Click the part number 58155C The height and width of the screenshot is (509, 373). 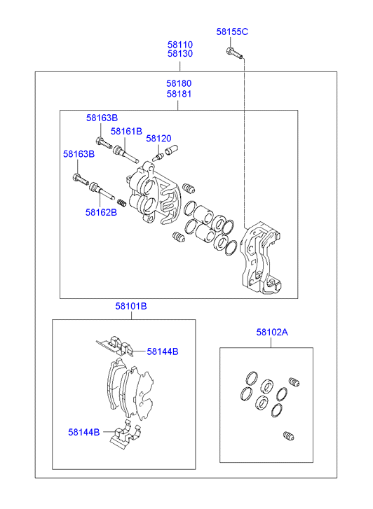point(232,32)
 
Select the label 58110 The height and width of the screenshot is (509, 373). point(180,45)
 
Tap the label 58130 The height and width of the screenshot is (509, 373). point(180,54)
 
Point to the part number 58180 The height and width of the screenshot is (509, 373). point(179,83)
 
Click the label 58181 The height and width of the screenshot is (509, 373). point(179,94)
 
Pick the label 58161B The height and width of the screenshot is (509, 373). point(126,132)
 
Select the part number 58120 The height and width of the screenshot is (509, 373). point(158,139)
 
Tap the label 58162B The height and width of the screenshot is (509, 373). point(101,212)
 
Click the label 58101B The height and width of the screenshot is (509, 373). point(131,306)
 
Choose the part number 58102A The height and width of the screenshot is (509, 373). point(272,332)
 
